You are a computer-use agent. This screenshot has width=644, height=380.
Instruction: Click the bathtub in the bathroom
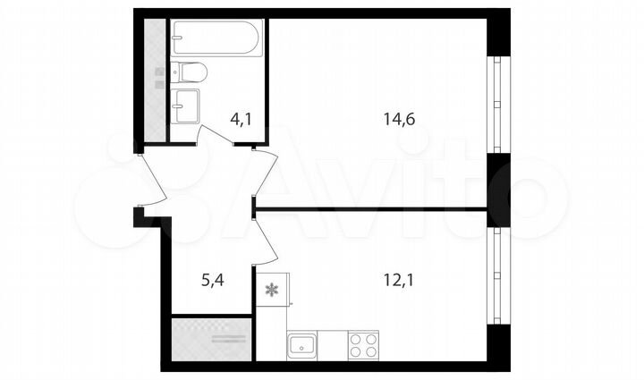pos(217,39)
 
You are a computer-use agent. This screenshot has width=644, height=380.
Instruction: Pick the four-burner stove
pos(361,344)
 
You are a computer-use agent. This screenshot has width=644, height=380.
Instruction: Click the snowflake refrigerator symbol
pos(271,290)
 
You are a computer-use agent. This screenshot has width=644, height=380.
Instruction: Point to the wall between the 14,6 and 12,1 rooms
pos(371,209)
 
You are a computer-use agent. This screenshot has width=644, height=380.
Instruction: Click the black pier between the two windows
pos(497,190)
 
